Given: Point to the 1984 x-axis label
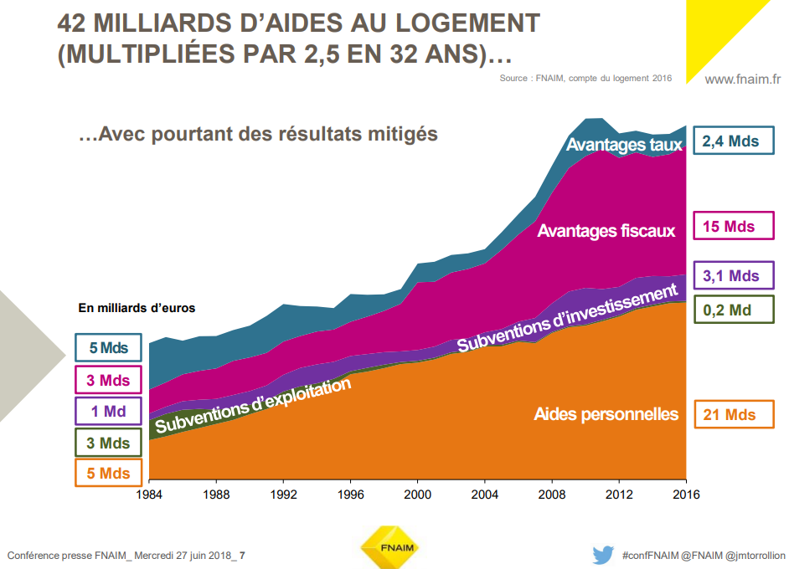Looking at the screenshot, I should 149,494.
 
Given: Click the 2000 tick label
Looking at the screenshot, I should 418,494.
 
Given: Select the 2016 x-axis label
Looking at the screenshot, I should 685,494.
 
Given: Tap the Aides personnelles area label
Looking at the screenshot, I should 606,414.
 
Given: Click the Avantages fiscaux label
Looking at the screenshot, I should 606,231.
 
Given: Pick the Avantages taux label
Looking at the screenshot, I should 624,145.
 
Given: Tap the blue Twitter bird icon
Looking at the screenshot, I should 603,555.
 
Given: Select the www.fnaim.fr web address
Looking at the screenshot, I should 742,79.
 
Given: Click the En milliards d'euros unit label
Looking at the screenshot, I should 137,308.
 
